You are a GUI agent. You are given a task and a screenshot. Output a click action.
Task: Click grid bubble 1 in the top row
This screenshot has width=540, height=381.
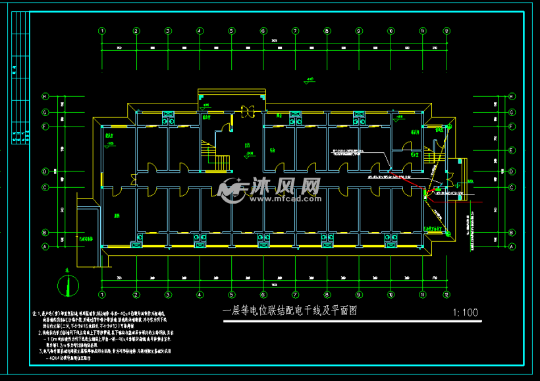pos(102,31)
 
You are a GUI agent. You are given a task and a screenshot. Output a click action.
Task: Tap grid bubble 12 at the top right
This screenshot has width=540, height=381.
pos(446,31)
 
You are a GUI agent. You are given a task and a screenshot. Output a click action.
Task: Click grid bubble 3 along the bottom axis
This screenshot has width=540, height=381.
pos(168,295)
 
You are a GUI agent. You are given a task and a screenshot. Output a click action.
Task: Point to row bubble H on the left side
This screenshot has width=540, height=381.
pos(45,96)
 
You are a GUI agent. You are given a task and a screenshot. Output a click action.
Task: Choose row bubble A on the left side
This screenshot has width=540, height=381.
pos(45,246)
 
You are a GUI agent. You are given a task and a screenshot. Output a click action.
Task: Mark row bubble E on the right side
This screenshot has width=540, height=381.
pos(512,151)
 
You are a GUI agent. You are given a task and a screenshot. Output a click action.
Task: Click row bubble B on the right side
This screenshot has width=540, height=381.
pos(512,231)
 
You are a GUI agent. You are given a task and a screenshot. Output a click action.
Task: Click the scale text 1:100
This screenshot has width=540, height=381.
pos(466,312)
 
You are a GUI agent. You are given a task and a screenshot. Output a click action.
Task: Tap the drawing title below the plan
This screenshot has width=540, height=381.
pos(290,311)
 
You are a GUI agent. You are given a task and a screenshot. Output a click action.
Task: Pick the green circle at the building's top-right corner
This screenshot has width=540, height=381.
pos(449,125)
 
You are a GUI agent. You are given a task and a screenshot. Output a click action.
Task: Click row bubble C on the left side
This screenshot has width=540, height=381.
pos(45,187)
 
